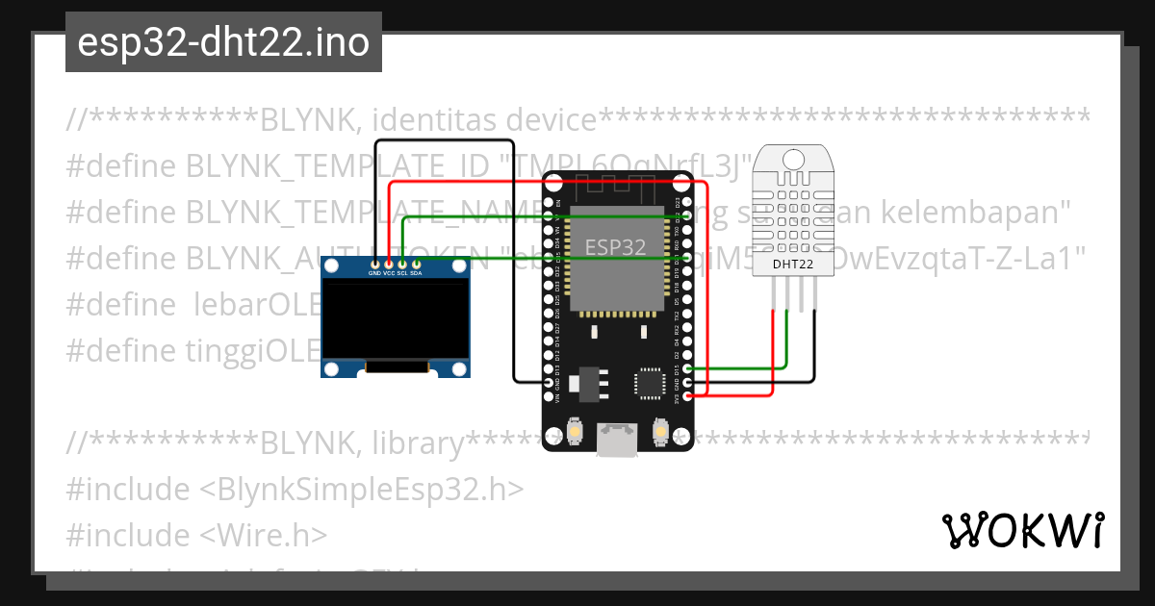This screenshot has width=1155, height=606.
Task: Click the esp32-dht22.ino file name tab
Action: pos(223,42)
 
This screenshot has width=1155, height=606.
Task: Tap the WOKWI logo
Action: pos(1021,530)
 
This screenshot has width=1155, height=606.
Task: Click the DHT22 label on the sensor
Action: pos(791,264)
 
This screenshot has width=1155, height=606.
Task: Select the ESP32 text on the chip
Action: pos(616,246)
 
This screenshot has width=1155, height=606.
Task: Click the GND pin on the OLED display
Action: pos(374,264)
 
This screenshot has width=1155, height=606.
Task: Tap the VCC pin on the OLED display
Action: pos(389,264)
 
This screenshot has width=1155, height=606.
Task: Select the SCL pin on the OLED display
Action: pos(402,264)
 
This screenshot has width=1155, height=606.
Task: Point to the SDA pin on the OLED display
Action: pos(417,264)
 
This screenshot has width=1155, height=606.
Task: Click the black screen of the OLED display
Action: pos(397,318)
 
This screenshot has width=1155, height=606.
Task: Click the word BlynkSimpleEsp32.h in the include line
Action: pos(362,489)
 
